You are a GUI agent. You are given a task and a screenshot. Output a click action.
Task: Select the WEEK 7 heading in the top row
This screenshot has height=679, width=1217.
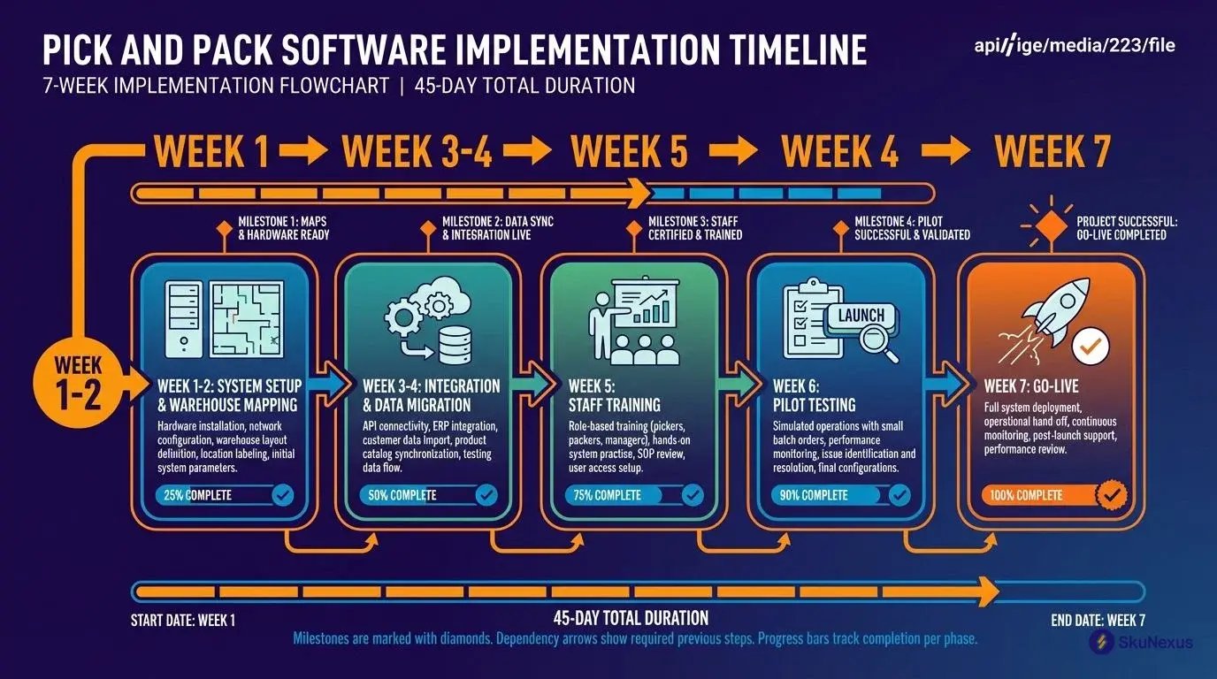coord(1052,151)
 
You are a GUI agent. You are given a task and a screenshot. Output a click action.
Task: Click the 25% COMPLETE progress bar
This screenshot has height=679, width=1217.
coord(226,495)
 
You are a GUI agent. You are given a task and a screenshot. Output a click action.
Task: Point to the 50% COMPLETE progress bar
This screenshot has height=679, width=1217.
coord(430,495)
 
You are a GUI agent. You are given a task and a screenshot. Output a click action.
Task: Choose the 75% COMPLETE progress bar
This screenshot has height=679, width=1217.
coord(634,495)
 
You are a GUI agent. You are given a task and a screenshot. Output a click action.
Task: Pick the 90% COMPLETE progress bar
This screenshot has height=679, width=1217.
coord(840,495)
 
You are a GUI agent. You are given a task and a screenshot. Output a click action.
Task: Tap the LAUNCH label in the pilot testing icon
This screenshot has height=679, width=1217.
coord(861,316)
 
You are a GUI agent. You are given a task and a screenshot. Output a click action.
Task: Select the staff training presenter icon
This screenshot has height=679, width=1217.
coord(633,324)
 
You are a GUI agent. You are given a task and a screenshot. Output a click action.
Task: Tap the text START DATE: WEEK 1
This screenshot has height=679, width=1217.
coord(183,621)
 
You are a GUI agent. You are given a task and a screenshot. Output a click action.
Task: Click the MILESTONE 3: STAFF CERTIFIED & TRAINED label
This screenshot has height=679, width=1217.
coord(695,228)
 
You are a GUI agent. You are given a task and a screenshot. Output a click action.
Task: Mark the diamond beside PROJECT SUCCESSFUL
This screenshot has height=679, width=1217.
coord(1052,227)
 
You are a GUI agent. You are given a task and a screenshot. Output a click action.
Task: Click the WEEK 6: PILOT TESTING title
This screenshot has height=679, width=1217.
coord(814,395)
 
